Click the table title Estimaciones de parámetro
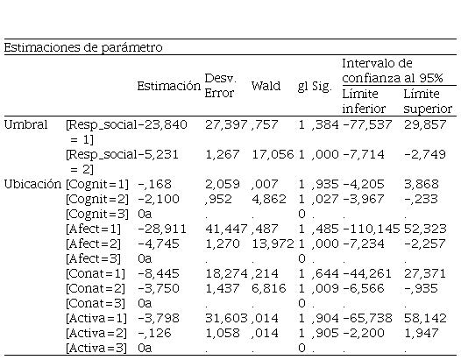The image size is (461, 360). (x=83, y=47)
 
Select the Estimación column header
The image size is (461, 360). (x=169, y=86)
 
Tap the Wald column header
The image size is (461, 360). (x=266, y=86)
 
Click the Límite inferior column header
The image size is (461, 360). (x=364, y=101)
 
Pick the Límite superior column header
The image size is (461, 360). (x=428, y=101)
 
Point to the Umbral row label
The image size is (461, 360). (x=26, y=124)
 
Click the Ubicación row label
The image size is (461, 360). (x=32, y=185)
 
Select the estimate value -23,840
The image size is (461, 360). (x=162, y=124)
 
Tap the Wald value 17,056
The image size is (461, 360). (x=273, y=154)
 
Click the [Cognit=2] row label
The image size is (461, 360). (x=97, y=199)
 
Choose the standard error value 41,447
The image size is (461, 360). (x=226, y=229)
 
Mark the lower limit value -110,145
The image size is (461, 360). (x=371, y=229)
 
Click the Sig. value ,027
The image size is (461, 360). (x=325, y=199)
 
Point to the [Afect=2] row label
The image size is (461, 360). (x=93, y=244)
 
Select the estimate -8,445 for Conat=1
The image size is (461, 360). (x=159, y=274)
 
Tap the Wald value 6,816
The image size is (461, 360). (x=269, y=288)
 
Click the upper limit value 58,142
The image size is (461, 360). (x=425, y=318)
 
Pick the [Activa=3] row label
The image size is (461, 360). (x=96, y=349)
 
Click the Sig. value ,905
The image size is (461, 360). (x=325, y=333)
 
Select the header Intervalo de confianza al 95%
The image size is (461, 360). (x=393, y=71)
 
